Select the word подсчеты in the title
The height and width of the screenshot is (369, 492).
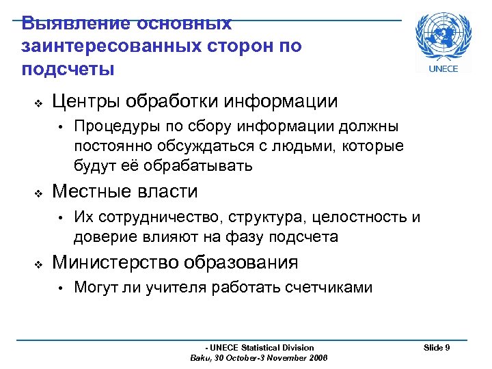point(68,70)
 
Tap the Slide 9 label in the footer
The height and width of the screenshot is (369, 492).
point(436,348)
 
